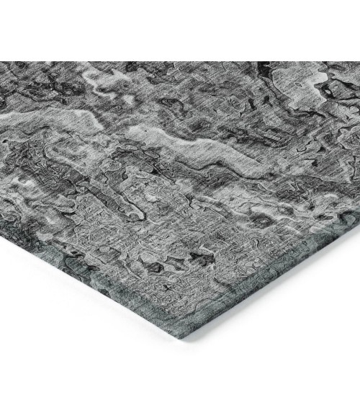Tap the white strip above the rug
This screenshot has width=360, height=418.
(180, 29)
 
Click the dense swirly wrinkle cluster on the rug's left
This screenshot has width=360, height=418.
(43, 180)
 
